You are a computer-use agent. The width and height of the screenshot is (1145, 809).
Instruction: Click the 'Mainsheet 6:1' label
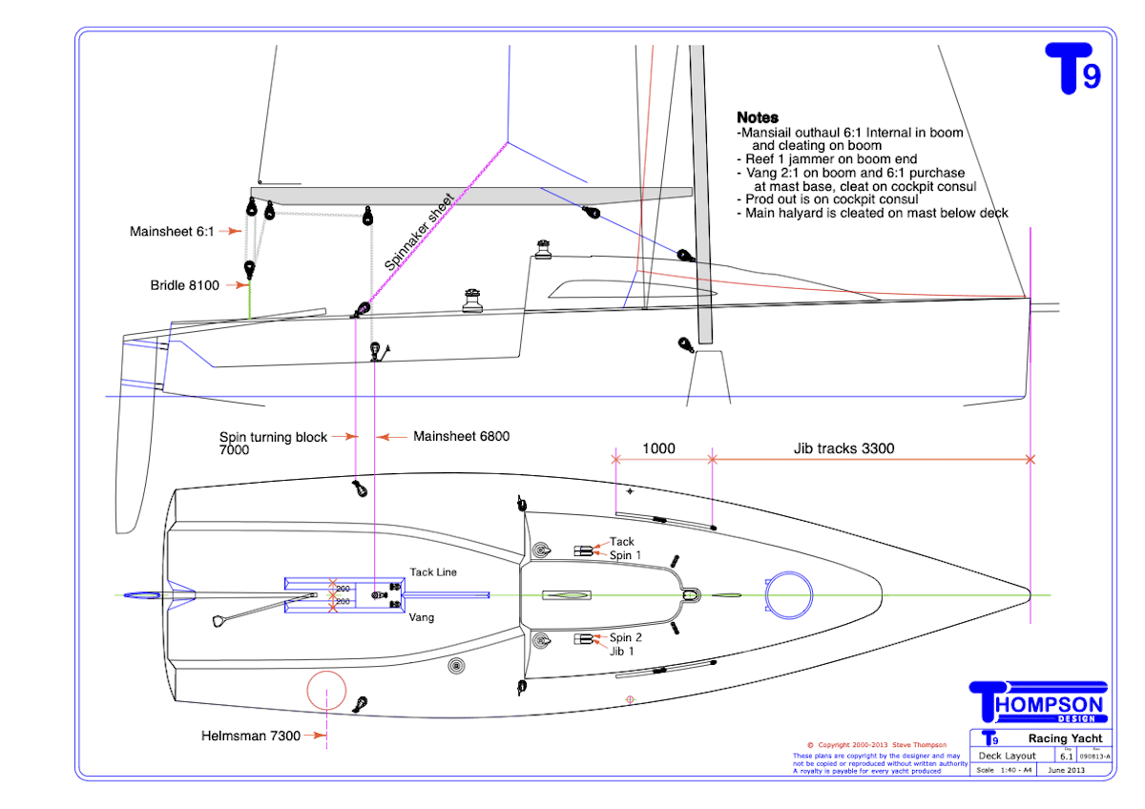click(x=173, y=231)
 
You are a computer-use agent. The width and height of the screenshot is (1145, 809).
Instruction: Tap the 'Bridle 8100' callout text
click(x=185, y=284)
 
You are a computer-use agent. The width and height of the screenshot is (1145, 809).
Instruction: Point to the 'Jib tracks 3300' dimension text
click(x=843, y=447)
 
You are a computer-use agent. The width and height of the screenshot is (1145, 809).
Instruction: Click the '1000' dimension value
click(x=658, y=447)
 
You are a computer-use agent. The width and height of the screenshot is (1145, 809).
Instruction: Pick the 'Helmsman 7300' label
click(x=251, y=736)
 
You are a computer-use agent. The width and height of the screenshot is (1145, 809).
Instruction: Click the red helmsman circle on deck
click(x=326, y=692)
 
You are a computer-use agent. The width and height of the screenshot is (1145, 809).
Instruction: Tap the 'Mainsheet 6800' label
click(x=461, y=437)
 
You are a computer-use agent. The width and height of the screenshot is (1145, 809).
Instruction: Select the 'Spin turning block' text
click(x=273, y=437)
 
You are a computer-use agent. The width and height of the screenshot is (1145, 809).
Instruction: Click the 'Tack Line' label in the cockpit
click(x=433, y=572)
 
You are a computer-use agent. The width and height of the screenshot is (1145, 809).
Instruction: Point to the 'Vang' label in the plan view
click(x=422, y=617)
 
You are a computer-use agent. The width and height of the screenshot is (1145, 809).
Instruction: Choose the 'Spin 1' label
click(x=625, y=555)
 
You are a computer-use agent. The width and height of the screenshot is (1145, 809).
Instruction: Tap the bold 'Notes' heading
click(x=758, y=118)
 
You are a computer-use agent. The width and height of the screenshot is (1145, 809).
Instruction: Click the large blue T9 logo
click(x=1073, y=68)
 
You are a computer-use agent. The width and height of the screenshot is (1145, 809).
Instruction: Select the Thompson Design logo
click(x=1037, y=702)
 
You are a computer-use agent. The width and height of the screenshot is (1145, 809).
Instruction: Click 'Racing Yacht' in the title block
click(x=1065, y=738)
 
